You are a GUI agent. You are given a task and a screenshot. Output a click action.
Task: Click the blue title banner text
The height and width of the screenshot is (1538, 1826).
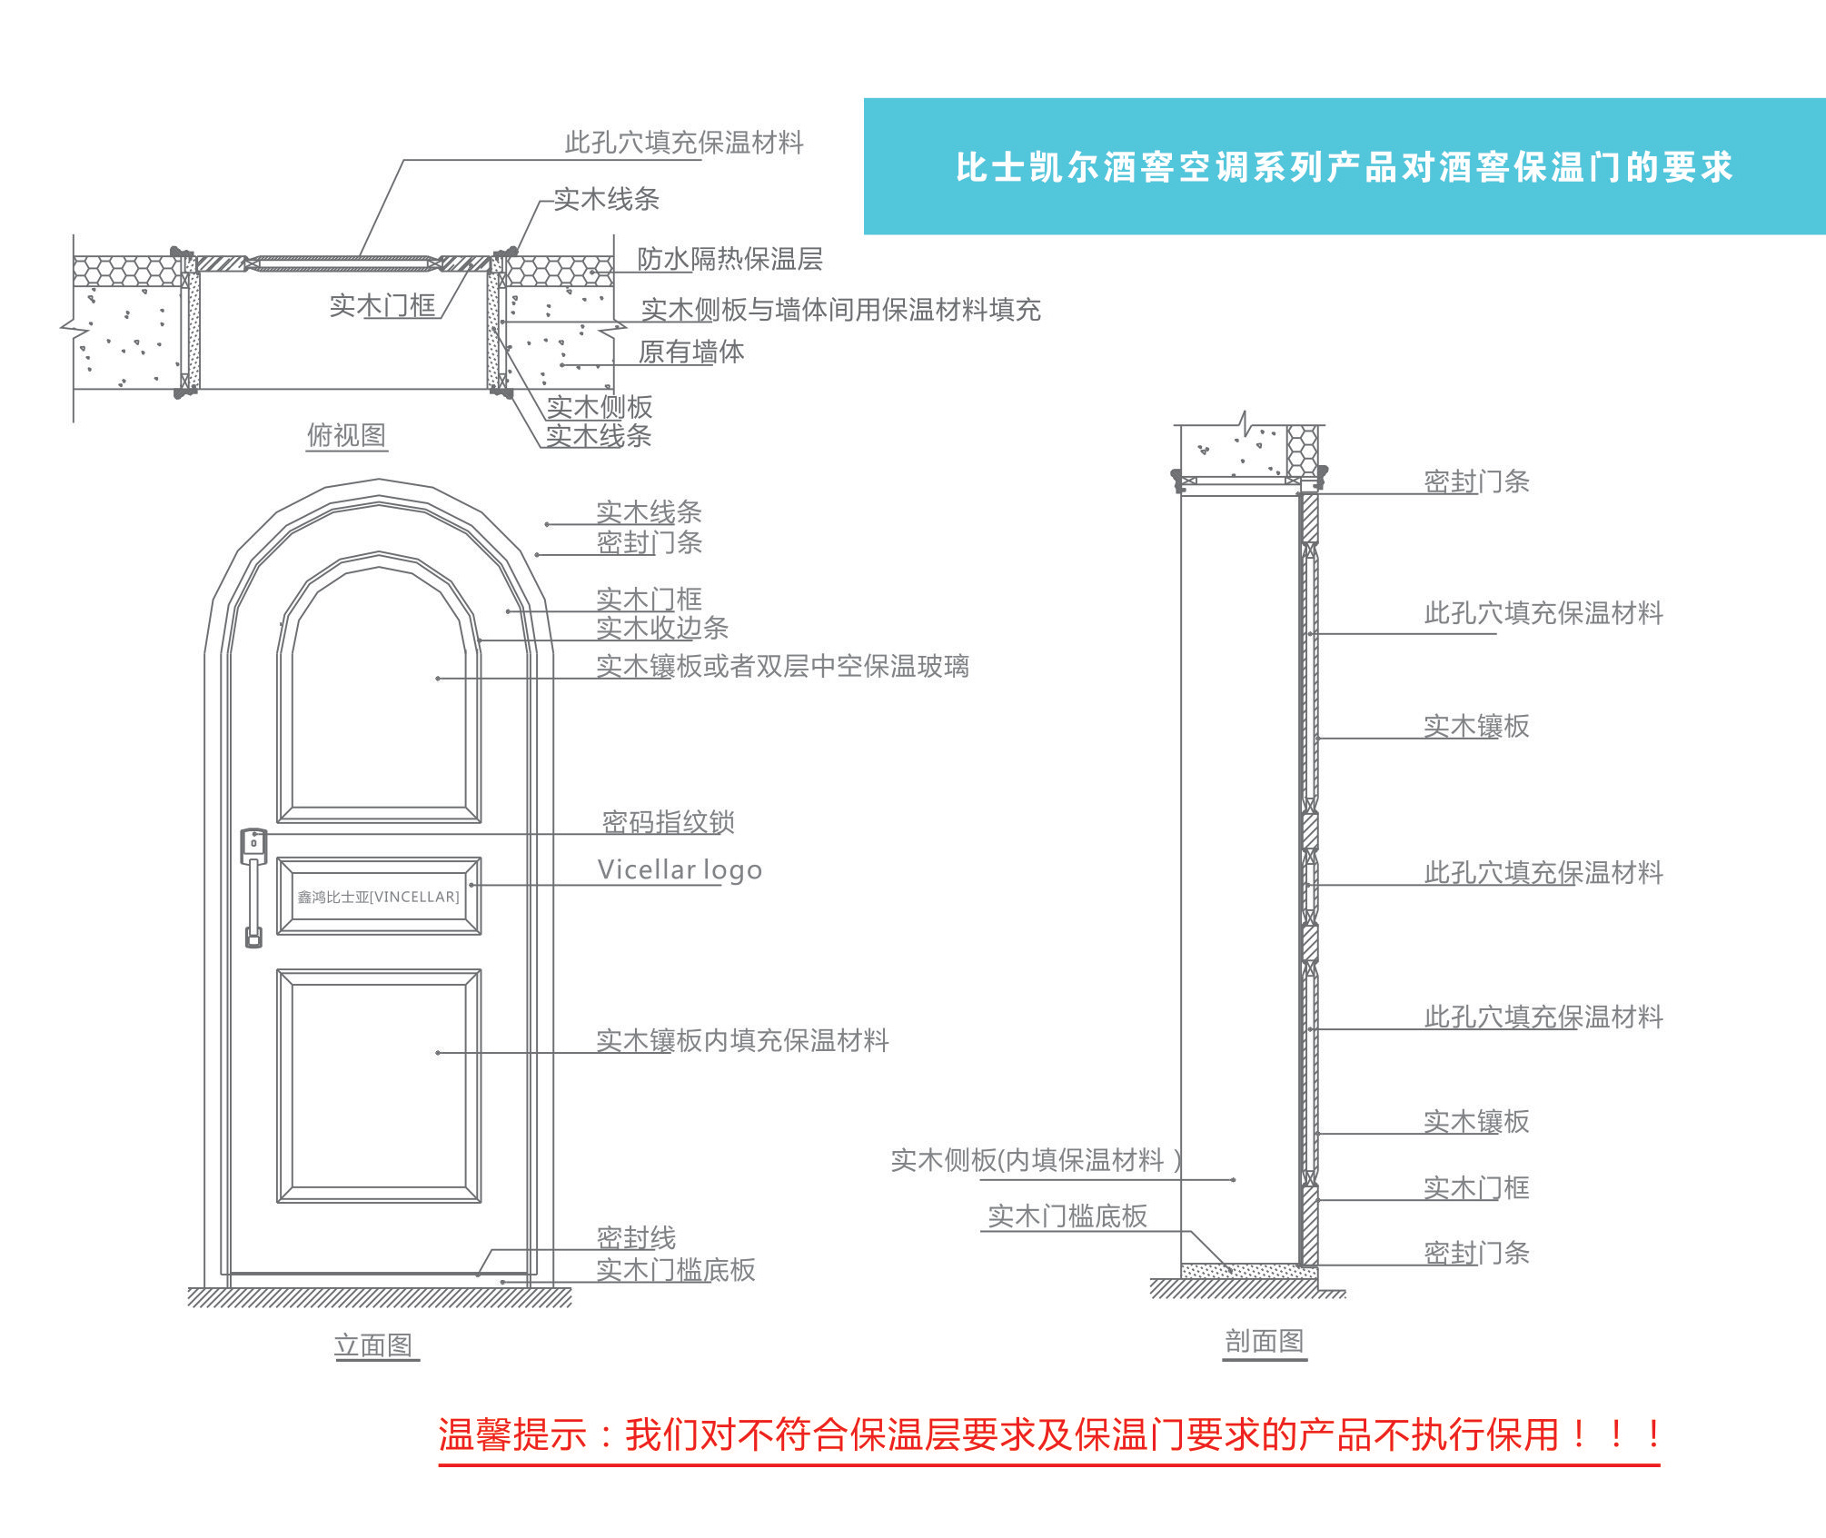(x=1344, y=167)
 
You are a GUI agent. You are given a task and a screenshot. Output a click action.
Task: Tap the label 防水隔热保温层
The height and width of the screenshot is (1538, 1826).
(x=729, y=259)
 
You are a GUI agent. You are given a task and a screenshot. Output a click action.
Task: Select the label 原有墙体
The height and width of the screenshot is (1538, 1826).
(x=691, y=352)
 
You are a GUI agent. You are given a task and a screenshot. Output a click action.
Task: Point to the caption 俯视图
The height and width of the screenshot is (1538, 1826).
(x=346, y=435)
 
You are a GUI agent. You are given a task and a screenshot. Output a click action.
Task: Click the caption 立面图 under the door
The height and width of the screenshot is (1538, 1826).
(x=373, y=1345)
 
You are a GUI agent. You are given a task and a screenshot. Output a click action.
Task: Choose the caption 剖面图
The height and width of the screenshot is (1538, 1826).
(x=1265, y=1340)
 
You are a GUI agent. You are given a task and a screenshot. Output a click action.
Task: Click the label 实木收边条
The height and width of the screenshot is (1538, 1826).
(x=662, y=628)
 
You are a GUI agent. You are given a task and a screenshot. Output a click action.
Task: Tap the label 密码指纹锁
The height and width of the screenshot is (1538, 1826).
(x=669, y=822)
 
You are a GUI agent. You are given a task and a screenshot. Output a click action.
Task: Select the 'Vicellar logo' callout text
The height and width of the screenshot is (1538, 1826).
(x=680, y=870)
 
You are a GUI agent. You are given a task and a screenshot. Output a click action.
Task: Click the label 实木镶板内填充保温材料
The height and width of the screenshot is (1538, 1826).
(x=742, y=1040)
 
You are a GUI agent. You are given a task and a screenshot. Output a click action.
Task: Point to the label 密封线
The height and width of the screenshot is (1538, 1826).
(x=636, y=1237)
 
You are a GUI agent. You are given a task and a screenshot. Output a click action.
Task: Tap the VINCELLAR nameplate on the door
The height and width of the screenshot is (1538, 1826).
(x=379, y=897)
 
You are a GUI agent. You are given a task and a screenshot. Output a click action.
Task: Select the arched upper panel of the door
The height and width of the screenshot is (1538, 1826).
(x=379, y=700)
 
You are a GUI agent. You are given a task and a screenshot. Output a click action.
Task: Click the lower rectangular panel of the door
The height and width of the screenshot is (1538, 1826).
(x=379, y=1086)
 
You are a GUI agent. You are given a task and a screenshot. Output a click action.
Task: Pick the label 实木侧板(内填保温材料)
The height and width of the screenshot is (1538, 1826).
(x=1036, y=1160)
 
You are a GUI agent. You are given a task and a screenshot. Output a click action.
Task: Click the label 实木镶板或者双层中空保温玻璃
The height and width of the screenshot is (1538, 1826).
(x=782, y=666)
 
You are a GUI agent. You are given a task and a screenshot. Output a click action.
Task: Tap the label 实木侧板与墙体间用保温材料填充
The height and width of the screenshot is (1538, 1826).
(x=840, y=310)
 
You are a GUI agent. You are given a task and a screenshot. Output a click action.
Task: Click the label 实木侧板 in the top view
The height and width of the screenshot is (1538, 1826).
(x=600, y=407)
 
